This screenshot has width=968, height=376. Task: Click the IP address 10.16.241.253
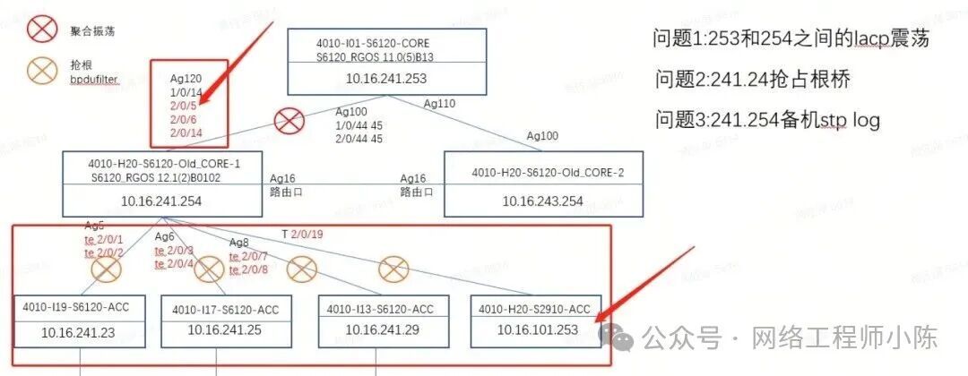385,78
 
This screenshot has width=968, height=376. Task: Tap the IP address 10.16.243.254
544,201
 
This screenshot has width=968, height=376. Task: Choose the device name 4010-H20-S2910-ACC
535,309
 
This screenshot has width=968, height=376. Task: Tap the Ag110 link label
440,104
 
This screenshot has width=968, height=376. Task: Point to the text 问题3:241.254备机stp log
767,120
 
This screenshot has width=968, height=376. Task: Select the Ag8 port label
239,243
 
